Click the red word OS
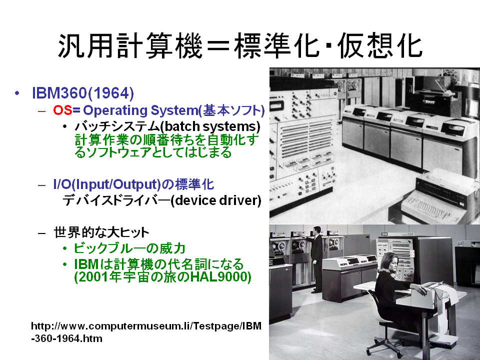[63, 110]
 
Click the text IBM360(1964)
[83, 93]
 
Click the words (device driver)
[216, 200]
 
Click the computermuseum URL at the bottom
[146, 332]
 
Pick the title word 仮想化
[380, 45]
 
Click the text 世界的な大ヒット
[101, 232]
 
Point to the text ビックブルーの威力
[129, 248]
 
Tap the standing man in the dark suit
[316, 258]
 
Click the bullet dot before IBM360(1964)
[17, 93]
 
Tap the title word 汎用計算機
[130, 45]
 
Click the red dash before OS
[41, 111]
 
